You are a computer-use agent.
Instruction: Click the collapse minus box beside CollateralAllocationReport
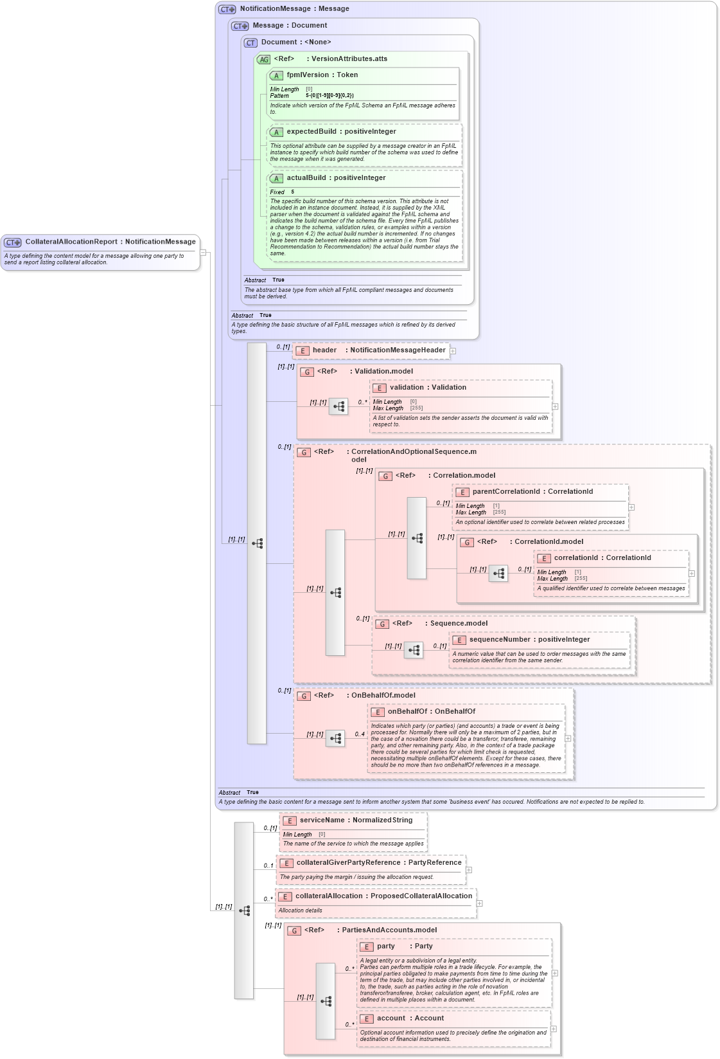pos(203,252)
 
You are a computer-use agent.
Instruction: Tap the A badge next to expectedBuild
pos(276,132)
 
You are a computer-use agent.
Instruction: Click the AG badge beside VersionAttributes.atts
pos(263,59)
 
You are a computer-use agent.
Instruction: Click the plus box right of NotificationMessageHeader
pos(453,351)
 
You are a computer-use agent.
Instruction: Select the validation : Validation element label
pos(428,388)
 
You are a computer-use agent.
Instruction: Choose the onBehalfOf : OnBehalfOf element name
pos(431,712)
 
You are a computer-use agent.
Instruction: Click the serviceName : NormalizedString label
pos(356,820)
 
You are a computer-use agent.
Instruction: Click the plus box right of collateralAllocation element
pos(479,903)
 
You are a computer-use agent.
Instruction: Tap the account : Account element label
pos(410,1018)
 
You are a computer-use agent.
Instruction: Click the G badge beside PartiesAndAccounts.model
pos(294,930)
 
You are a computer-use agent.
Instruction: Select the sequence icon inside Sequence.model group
pos(414,650)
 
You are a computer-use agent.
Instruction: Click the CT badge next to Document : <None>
pos(250,43)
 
